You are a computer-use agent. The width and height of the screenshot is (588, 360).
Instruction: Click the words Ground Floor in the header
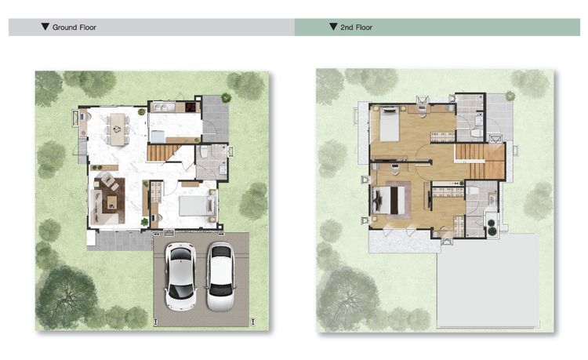[x=74, y=27]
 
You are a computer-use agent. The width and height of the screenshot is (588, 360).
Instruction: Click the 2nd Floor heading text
[x=356, y=27]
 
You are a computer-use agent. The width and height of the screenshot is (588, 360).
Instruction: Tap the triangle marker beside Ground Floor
[x=45, y=27]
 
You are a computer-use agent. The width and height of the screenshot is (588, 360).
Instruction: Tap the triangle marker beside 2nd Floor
[x=333, y=27]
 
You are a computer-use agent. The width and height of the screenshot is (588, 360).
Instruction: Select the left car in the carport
[x=181, y=276]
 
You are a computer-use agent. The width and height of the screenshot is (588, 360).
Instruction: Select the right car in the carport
[x=220, y=277]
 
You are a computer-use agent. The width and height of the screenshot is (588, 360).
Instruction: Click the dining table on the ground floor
[x=118, y=129]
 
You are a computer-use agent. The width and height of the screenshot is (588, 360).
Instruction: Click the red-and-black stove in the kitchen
[x=191, y=107]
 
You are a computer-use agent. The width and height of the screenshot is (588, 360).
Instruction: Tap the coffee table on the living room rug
[x=112, y=203]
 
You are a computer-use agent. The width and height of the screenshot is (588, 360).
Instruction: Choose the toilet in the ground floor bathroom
[x=204, y=151]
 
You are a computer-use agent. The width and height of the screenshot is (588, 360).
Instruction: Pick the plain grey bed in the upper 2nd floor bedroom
[x=389, y=125]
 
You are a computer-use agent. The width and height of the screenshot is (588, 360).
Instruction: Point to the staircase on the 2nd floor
[x=480, y=162]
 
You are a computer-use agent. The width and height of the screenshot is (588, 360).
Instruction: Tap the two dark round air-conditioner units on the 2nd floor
[x=492, y=227]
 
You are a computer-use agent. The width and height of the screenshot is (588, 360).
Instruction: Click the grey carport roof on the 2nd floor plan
[x=488, y=281]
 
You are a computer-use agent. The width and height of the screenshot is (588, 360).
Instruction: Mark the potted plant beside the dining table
[x=141, y=111]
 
